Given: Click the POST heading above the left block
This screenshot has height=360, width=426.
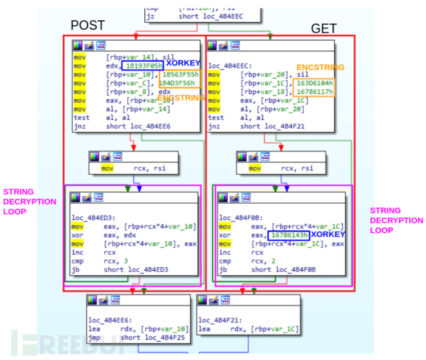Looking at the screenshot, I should tap(88, 25).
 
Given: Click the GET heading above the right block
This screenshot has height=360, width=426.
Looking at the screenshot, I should tap(324, 28).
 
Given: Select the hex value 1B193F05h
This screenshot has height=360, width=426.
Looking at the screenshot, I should tap(143, 65).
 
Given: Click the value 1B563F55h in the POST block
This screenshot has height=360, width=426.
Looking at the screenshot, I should tap(179, 74).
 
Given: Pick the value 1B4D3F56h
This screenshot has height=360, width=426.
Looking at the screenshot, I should tap(179, 83).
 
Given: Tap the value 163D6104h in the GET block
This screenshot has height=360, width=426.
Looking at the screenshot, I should tap(314, 83).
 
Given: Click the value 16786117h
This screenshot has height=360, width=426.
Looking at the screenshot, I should tap(314, 91).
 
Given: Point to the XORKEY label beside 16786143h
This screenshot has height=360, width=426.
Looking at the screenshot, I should tap(327, 235).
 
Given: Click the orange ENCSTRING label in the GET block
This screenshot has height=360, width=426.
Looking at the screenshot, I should tap(321, 67).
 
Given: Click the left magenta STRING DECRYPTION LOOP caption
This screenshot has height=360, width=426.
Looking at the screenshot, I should tap(30, 201).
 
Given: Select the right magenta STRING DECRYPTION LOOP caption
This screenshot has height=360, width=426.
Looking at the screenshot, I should tap(396, 220).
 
